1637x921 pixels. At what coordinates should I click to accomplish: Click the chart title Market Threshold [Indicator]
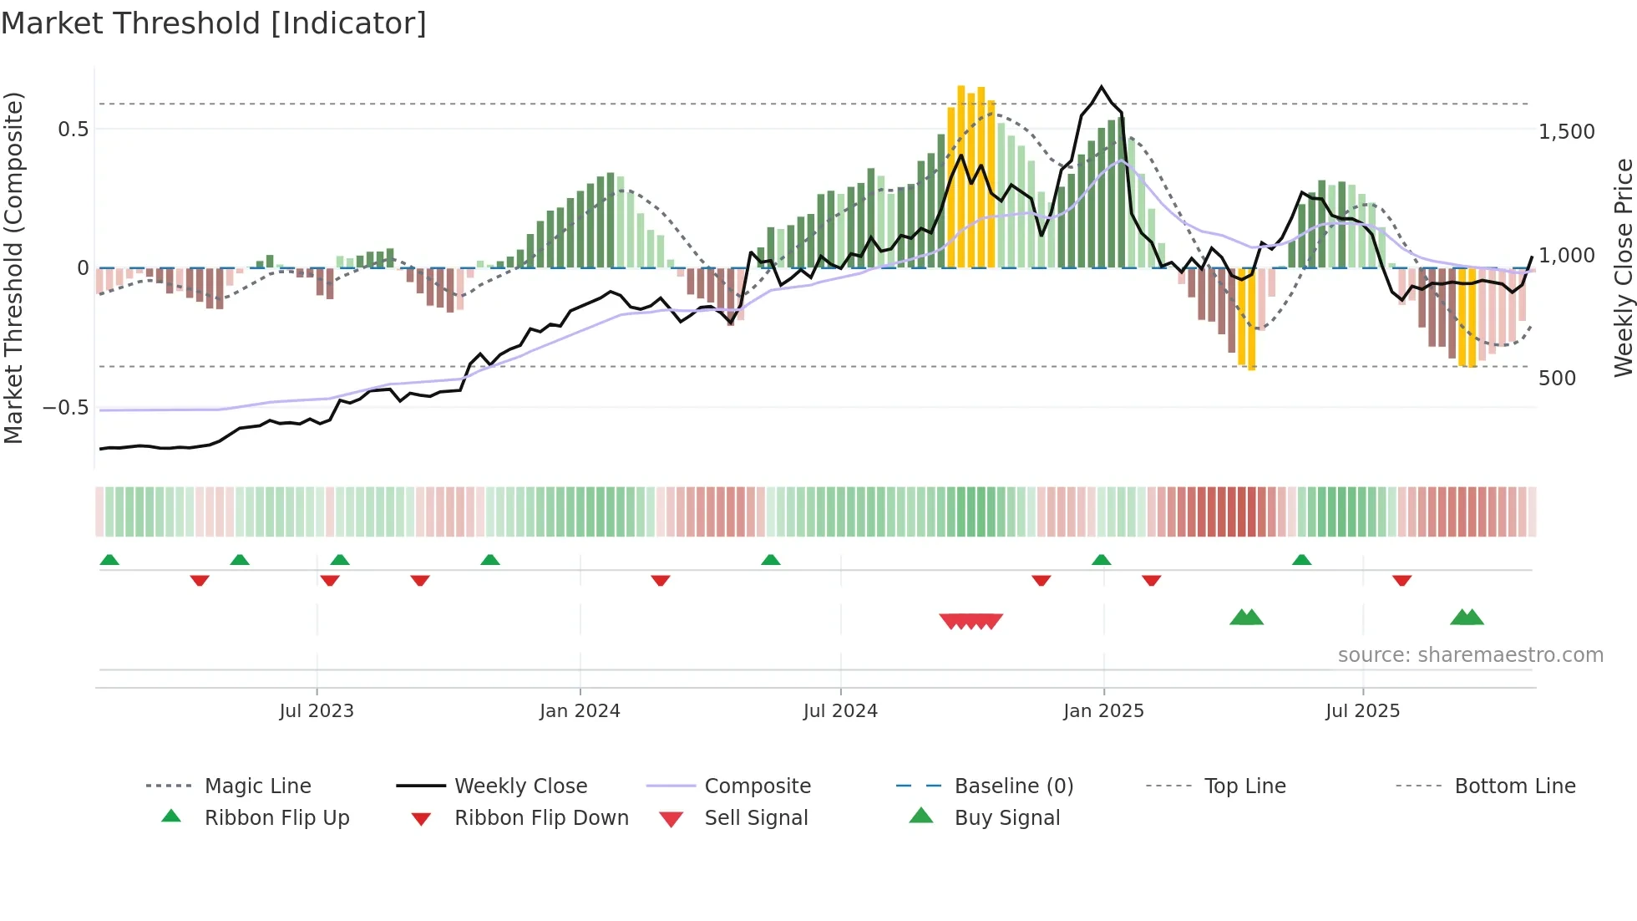pos(214,23)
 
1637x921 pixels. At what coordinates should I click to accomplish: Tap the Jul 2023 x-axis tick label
pos(317,711)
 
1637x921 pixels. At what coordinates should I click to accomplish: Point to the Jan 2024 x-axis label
pos(580,711)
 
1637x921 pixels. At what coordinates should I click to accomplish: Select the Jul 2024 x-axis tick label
pos(840,711)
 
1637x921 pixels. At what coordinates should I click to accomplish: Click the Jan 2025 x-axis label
pos(1103,711)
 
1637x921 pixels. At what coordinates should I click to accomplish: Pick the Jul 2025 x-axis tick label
pos(1362,711)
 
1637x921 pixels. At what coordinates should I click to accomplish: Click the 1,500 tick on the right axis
pos(1566,132)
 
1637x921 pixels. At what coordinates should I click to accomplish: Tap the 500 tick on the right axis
pos(1557,379)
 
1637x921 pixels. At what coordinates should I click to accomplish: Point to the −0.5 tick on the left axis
pos(65,408)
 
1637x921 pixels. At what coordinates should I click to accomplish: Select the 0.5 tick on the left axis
pos(73,130)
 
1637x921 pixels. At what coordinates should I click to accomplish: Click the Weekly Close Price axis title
pos(1623,267)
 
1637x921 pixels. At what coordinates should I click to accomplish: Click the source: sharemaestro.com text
pos(1470,655)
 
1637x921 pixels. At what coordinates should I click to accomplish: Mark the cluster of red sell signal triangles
pos(971,621)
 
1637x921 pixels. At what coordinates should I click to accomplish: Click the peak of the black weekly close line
pos(1102,87)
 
